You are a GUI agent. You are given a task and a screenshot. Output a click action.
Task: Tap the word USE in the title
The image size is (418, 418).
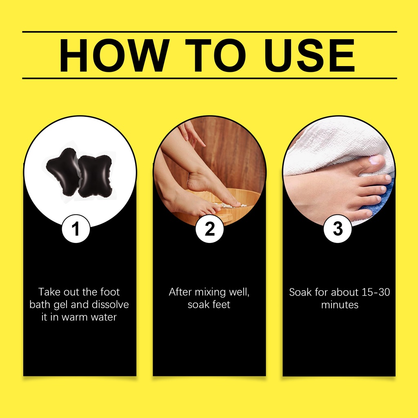point(309,55)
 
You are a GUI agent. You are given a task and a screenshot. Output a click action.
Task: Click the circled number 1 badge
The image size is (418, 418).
point(76,229)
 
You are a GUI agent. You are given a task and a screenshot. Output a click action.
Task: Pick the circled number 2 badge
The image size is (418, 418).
point(209,229)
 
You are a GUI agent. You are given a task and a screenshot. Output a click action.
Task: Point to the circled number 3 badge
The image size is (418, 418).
point(338,229)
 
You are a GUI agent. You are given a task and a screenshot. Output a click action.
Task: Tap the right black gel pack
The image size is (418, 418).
point(95,176)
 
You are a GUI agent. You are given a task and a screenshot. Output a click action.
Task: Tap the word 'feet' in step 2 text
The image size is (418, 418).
point(221,305)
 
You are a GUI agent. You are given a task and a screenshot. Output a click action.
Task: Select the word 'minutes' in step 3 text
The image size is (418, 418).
point(340,305)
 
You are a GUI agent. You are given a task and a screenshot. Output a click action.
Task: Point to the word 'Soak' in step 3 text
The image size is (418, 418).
point(300,292)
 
